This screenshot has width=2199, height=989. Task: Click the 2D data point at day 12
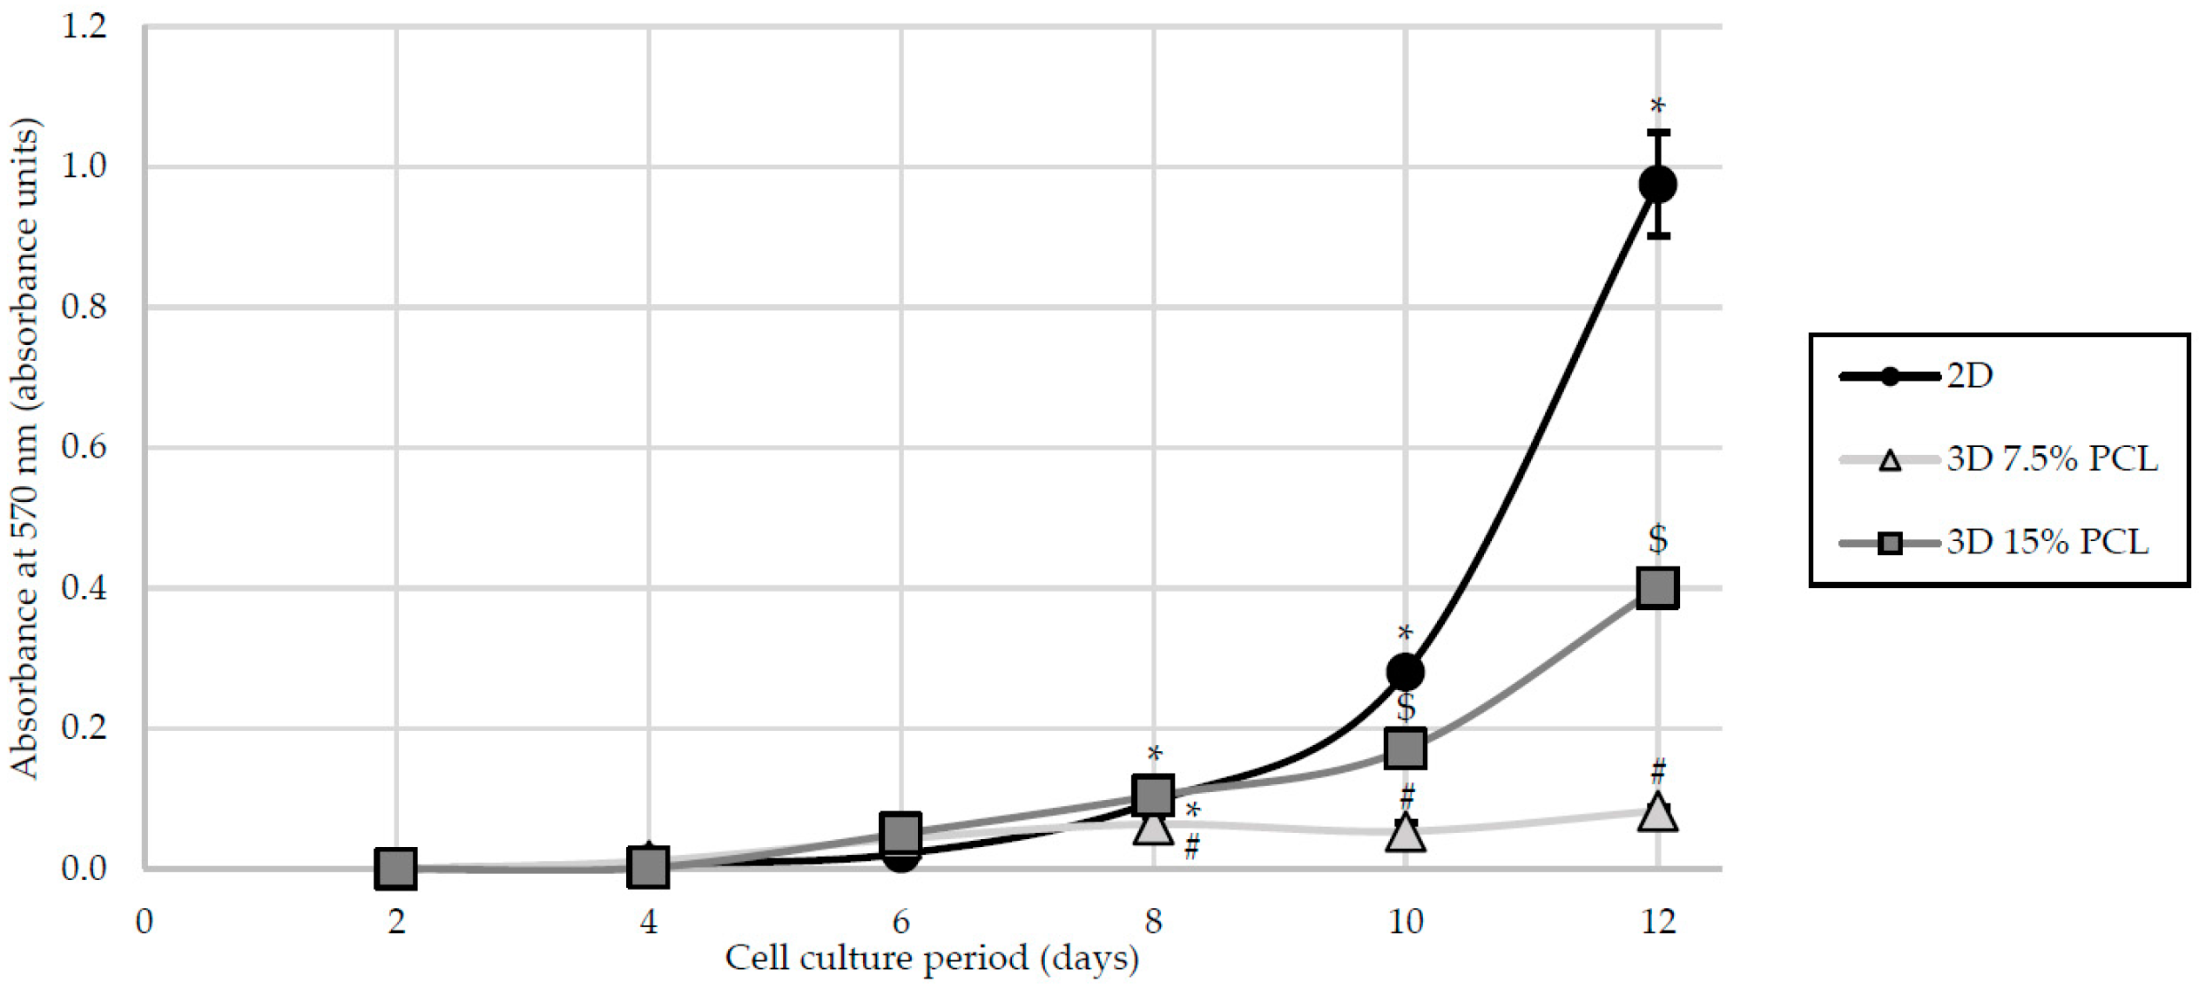coord(1657,185)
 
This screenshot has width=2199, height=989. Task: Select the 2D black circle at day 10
coord(1405,672)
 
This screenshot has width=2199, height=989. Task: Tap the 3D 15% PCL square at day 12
coord(1657,587)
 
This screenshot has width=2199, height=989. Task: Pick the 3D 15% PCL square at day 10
coord(1405,749)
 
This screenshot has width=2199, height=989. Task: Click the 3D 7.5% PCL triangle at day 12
coord(1657,813)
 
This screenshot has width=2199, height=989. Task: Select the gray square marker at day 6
coord(901,832)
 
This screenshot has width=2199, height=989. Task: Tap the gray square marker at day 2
coord(395,868)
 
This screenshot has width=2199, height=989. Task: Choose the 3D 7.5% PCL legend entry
coord(2052,459)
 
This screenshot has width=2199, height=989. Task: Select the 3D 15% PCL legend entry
coord(2047,543)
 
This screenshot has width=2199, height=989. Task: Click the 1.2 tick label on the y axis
coord(84,26)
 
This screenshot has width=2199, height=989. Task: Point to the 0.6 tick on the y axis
coord(84,448)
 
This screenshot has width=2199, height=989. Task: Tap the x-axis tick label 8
coord(1153,922)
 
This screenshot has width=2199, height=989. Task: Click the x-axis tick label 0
coord(145,922)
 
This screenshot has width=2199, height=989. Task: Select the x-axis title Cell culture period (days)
coord(932,959)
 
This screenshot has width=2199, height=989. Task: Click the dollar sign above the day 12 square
coord(1657,539)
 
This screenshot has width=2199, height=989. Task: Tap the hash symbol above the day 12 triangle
coord(1658,770)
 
